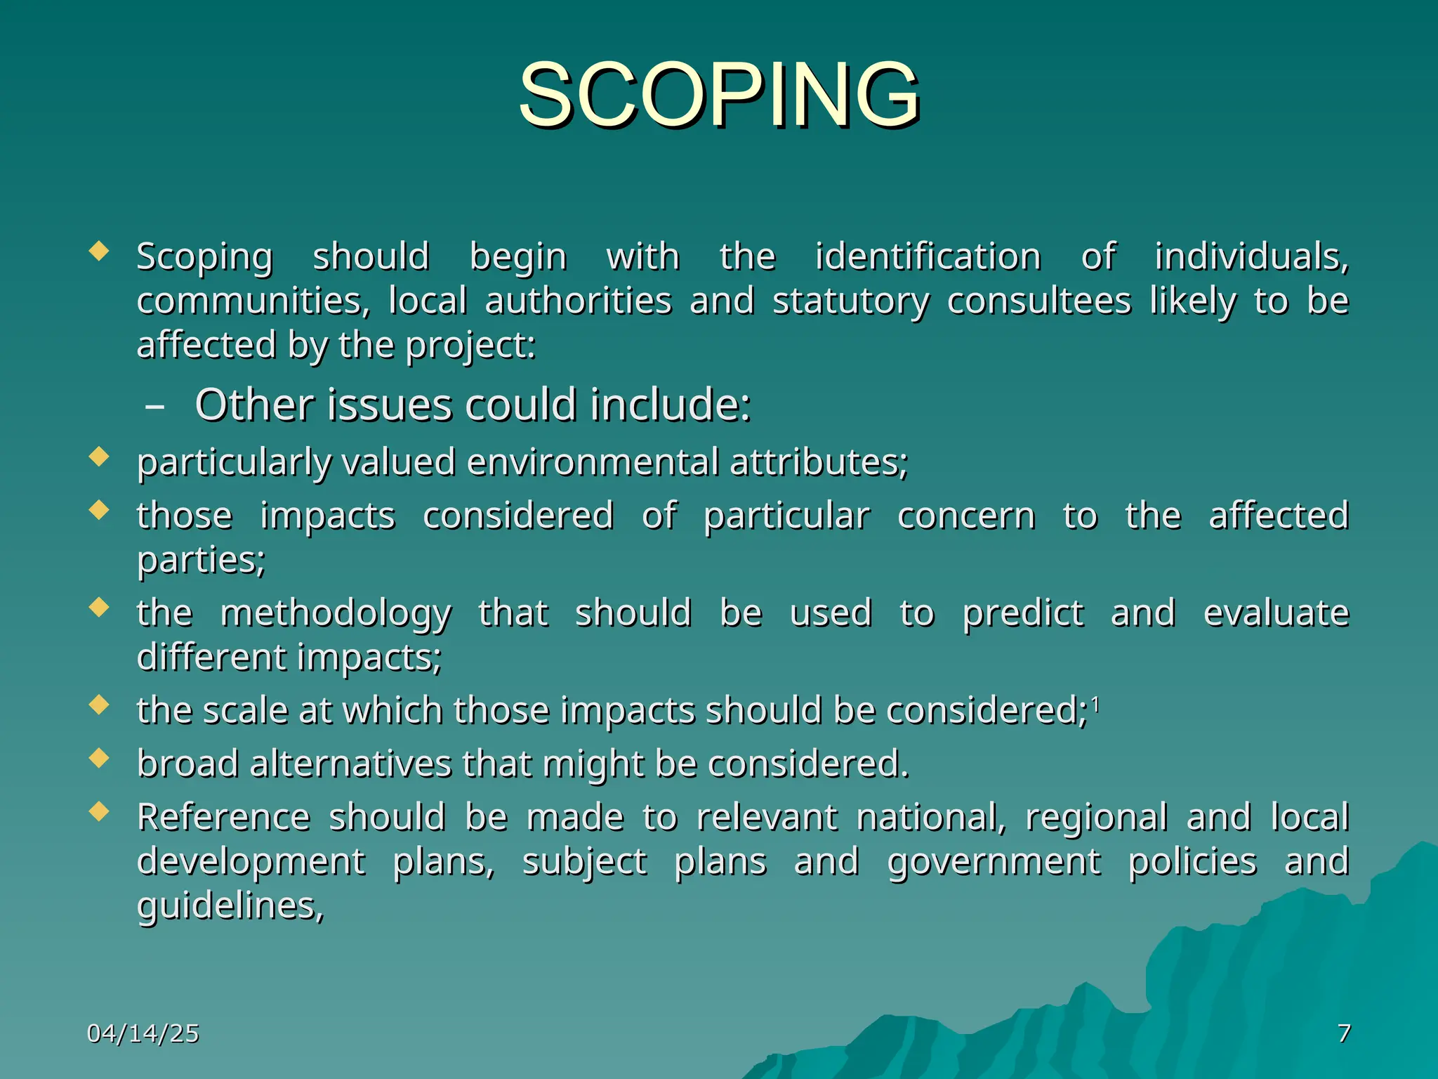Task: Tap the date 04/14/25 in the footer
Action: click(143, 1033)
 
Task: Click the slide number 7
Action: click(1343, 1033)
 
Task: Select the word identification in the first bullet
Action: click(928, 256)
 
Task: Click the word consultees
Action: click(1038, 301)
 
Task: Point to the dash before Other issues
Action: click(154, 407)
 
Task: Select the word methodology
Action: click(336, 614)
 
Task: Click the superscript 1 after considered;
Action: click(1095, 703)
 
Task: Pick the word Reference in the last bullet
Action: click(223, 817)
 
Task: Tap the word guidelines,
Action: click(230, 907)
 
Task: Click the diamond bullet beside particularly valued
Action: click(100, 457)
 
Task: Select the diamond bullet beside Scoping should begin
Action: click(100, 251)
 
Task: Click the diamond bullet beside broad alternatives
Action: click(100, 758)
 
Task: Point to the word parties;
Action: click(201, 561)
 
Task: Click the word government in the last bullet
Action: click(994, 862)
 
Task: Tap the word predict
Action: click(1022, 614)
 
